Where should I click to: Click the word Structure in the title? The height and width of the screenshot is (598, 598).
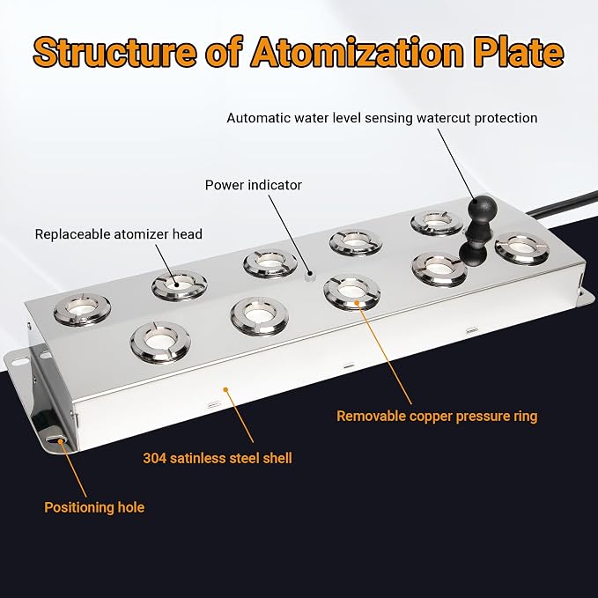114,52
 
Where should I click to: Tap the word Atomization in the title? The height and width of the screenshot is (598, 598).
356,52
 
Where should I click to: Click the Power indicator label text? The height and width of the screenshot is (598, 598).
254,185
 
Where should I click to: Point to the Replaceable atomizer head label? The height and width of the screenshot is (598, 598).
119,233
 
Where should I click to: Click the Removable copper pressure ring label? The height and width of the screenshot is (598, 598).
437,416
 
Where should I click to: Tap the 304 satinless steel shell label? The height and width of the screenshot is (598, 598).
218,458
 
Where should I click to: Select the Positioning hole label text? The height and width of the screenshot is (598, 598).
94,507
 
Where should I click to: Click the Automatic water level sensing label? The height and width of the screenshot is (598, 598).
382,118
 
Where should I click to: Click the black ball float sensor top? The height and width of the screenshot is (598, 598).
483,208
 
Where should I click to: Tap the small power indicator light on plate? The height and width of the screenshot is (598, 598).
310,275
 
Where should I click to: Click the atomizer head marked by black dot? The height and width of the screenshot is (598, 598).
180,284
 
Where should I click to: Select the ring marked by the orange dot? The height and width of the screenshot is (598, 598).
351,292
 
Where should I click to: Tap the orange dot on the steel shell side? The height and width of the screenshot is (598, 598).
225,389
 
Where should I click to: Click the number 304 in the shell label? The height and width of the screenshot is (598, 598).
155,458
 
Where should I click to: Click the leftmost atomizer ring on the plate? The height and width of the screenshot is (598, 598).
82,310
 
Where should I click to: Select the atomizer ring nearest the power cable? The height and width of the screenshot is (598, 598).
521,248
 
